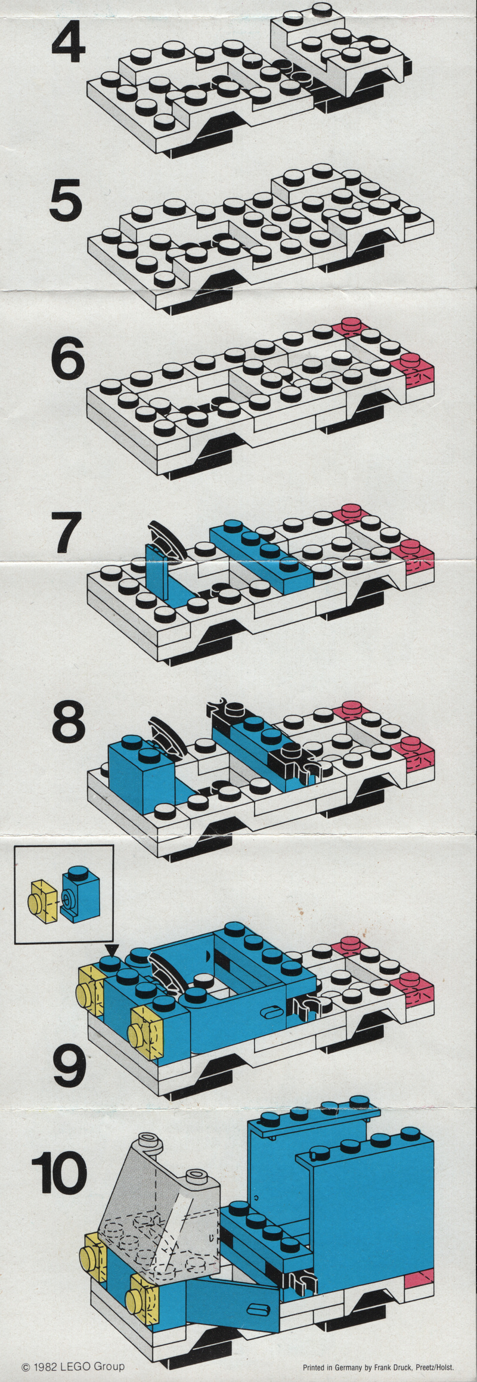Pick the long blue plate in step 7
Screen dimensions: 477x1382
261,554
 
